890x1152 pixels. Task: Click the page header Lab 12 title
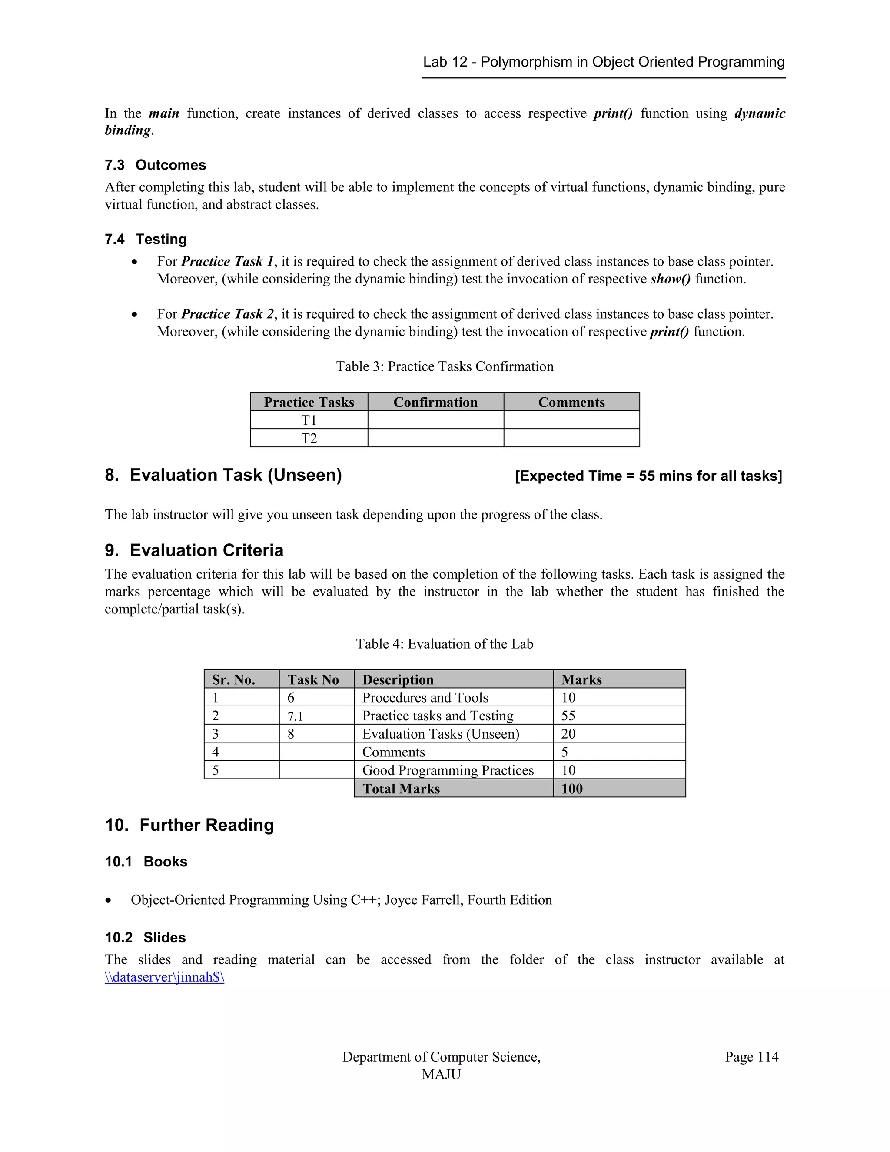click(603, 62)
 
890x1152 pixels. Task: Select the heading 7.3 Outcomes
click(155, 165)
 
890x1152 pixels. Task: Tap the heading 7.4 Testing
click(146, 239)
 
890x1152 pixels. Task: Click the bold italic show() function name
click(670, 279)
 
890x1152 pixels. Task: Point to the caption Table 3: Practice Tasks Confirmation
click(445, 366)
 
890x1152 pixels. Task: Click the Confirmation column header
click(435, 403)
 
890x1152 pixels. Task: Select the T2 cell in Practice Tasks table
click(309, 438)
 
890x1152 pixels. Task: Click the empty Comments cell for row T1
click(571, 420)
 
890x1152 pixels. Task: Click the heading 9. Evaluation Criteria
click(194, 550)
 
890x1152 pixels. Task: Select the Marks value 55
click(568, 716)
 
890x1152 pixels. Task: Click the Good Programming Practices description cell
click(448, 770)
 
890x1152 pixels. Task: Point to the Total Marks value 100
click(572, 789)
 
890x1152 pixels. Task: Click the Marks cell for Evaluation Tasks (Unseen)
click(568, 734)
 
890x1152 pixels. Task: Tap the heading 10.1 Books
click(146, 861)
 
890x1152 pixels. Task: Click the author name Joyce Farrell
click(423, 900)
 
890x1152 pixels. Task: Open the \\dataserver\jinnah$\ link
click(165, 977)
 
